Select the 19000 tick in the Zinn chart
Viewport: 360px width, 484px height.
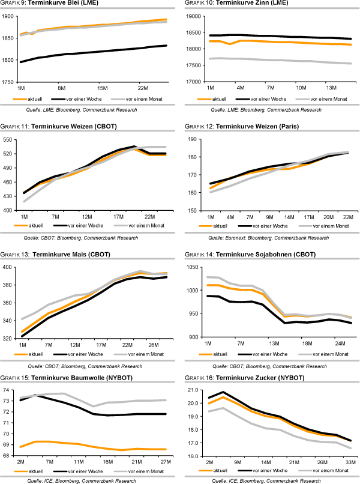click(199, 16)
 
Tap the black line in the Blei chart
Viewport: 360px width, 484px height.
click(90, 52)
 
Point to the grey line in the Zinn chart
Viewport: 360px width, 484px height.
click(270, 60)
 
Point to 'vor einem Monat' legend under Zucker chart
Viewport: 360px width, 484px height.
click(327, 471)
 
